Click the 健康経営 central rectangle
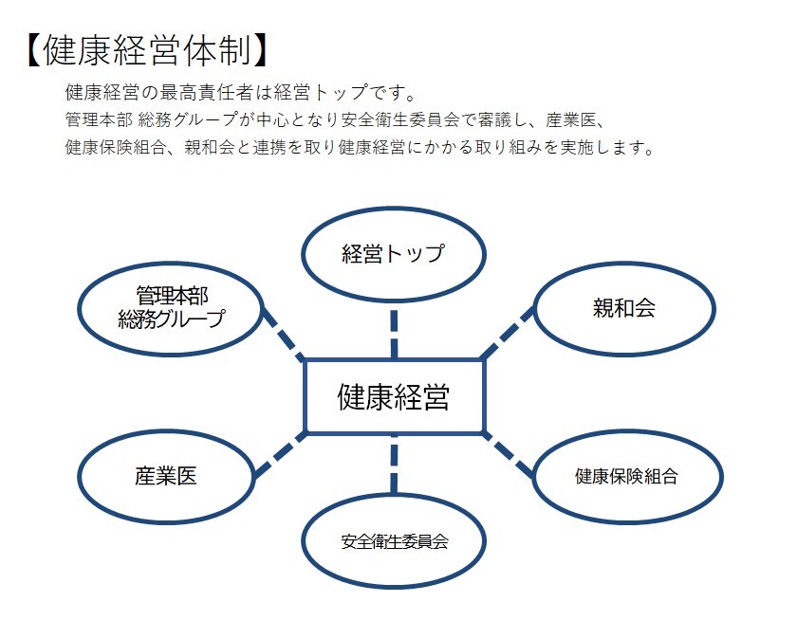(x=394, y=397)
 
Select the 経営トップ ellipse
(x=393, y=254)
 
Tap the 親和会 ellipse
(x=623, y=308)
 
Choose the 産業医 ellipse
(x=166, y=475)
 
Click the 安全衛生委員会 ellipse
(x=394, y=542)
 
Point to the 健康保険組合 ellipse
(x=625, y=476)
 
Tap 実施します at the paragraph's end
(x=611, y=149)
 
